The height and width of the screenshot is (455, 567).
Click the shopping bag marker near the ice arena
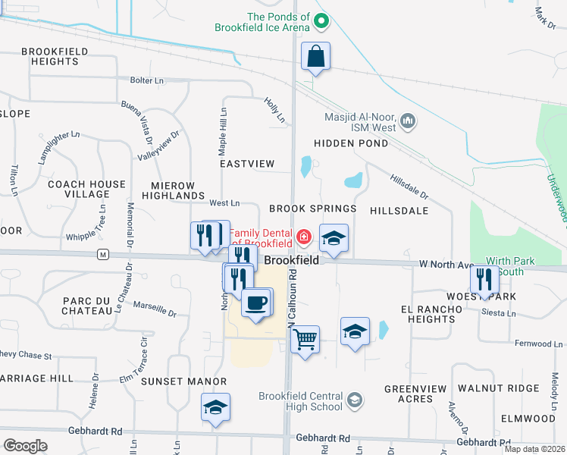coord(315,57)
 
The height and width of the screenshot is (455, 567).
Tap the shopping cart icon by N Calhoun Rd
coord(305,339)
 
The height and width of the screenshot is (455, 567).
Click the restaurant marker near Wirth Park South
coord(484,280)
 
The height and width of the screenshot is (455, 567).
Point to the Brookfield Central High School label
coord(301,401)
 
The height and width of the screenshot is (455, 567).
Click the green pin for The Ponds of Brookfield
coord(321,21)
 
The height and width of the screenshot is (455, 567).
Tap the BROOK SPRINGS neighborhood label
coord(312,209)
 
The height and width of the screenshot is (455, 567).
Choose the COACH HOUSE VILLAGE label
coord(86,189)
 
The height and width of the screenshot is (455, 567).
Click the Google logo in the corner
coord(25,445)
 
